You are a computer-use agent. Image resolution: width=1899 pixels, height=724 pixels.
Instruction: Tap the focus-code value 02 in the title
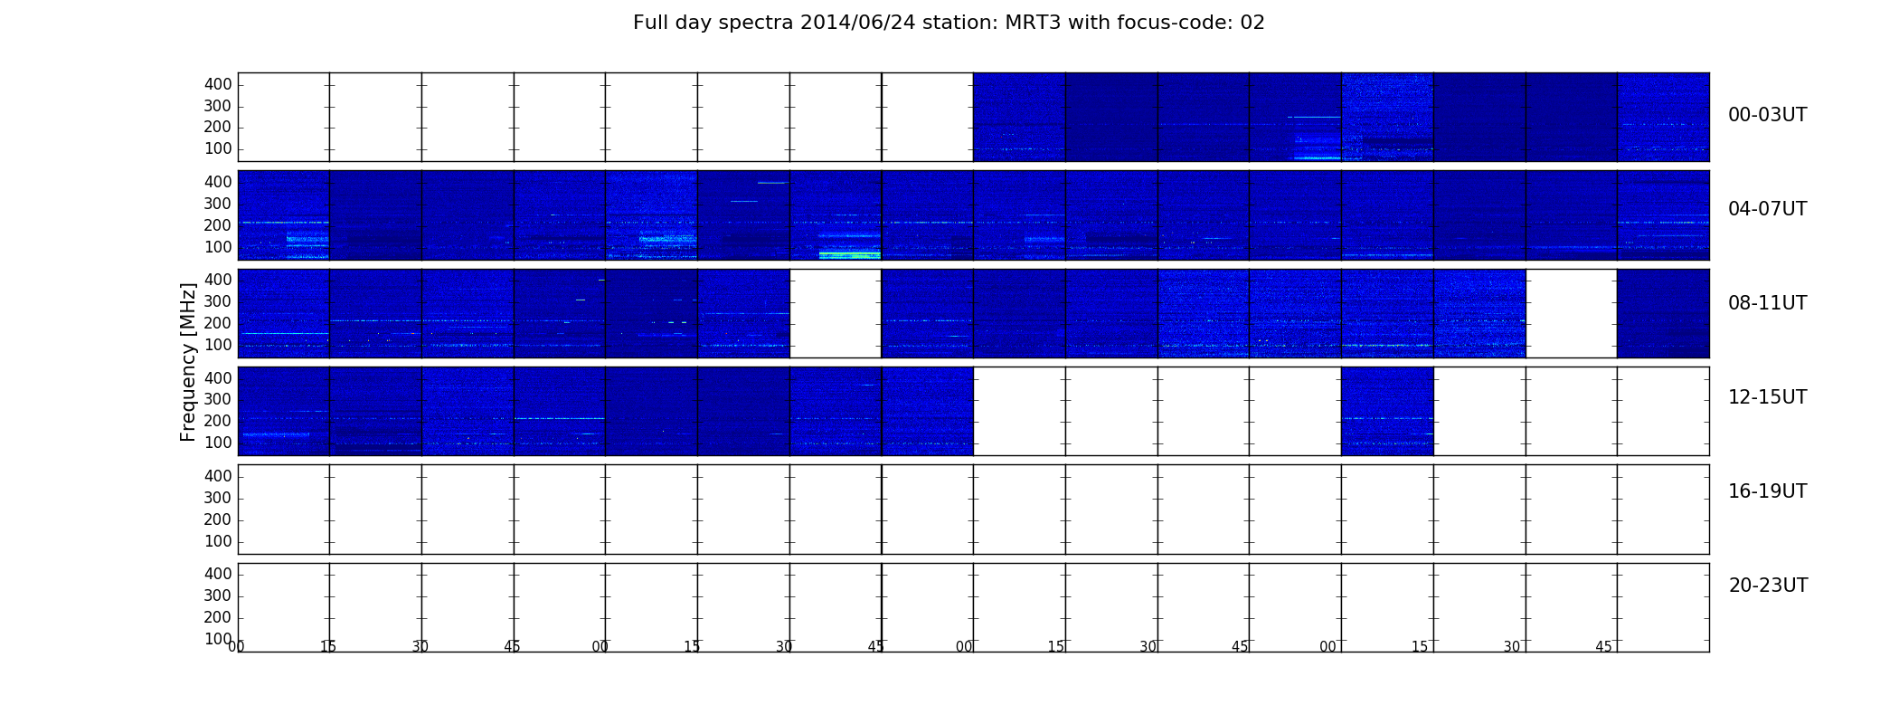click(x=1252, y=23)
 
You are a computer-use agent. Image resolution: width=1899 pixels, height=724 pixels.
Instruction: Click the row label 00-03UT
click(x=1768, y=115)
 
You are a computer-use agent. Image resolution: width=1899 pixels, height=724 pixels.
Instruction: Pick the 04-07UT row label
click(x=1768, y=209)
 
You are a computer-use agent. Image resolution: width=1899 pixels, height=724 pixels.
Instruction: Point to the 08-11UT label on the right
click(x=1768, y=303)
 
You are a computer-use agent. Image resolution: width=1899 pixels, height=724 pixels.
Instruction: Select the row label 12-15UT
click(x=1768, y=397)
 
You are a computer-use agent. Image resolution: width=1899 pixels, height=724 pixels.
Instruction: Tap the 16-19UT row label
click(x=1768, y=491)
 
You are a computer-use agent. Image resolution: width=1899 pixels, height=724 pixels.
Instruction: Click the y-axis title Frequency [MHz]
click(x=188, y=362)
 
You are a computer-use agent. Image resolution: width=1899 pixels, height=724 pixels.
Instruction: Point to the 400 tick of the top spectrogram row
click(x=218, y=84)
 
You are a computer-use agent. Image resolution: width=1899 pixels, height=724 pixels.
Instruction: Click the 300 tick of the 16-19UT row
click(x=218, y=498)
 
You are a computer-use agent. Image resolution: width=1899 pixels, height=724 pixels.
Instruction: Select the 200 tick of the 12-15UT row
click(x=218, y=421)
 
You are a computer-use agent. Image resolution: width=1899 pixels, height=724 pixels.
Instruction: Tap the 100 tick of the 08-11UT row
click(x=218, y=345)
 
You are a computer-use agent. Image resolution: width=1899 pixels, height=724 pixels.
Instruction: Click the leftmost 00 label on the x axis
click(x=236, y=646)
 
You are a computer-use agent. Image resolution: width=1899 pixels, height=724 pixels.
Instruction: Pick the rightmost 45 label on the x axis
click(x=1603, y=646)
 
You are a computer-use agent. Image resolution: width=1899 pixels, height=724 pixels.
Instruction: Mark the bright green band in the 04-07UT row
click(x=849, y=255)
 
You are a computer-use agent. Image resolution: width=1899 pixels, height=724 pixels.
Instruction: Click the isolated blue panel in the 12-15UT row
click(x=1387, y=411)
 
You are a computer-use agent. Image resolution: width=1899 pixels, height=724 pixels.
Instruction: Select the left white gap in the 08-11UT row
click(x=836, y=313)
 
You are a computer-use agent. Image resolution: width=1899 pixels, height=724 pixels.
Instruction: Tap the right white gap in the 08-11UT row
click(x=1572, y=313)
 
